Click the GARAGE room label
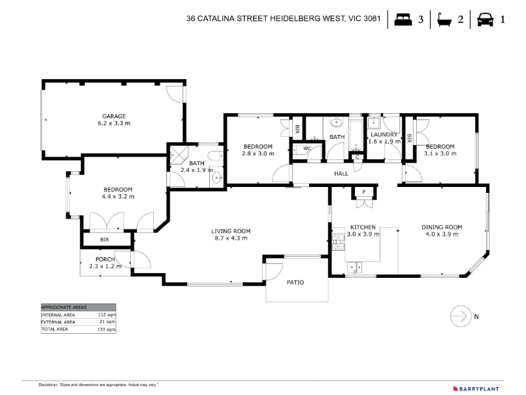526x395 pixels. (x=114, y=117)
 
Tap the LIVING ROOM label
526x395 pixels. (x=231, y=231)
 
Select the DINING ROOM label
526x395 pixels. (x=442, y=227)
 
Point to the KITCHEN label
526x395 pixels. (x=363, y=227)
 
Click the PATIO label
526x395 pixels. (x=295, y=282)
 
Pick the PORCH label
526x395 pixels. (x=105, y=259)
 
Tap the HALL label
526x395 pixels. (x=341, y=174)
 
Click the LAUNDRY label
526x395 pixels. (x=384, y=134)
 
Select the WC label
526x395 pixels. (x=307, y=149)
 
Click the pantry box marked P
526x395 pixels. (x=364, y=192)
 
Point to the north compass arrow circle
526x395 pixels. (x=461, y=316)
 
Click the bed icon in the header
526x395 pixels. (x=403, y=19)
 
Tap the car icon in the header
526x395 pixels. (x=485, y=19)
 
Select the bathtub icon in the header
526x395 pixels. (x=444, y=20)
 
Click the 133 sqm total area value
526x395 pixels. (x=107, y=330)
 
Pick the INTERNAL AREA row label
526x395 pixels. (x=58, y=315)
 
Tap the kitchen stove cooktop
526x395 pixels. (x=339, y=242)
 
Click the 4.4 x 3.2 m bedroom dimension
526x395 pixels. (x=118, y=196)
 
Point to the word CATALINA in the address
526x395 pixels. (x=216, y=18)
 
